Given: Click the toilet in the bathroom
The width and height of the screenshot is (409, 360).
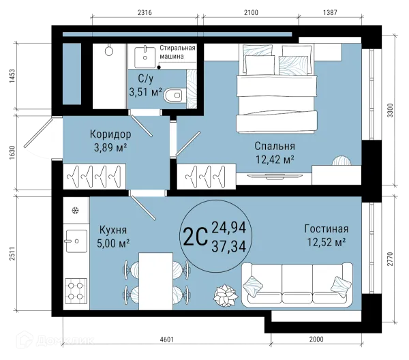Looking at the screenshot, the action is tap(173, 95).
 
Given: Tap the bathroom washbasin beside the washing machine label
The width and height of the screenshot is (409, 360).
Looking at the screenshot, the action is tap(145, 57).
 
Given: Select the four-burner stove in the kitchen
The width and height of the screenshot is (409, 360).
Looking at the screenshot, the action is tap(76, 291).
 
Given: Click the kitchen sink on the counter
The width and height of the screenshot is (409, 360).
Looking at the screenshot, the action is tap(76, 241).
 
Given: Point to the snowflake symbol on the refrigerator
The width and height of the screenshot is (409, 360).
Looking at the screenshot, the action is tap(76, 210).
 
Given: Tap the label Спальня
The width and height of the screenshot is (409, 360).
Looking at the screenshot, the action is tap(275, 146).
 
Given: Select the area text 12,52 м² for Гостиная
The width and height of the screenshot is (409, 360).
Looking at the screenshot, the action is tap(326, 242).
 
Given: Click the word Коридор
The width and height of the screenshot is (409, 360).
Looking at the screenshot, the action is tap(110, 134).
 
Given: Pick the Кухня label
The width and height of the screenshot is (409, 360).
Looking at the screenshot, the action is tap(113, 230).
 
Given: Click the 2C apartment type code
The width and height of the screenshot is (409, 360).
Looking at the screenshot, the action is tap(196, 237).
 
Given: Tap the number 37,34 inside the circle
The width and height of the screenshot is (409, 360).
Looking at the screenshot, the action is tap(229, 246).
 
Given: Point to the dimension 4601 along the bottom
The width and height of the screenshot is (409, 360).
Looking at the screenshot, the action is tap(167, 340).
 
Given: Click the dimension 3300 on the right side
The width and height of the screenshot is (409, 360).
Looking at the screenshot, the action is tap(390, 110).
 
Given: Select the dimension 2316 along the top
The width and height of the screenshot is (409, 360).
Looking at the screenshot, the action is tap(145, 12).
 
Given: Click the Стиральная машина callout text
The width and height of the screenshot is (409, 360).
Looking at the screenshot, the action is tap(177, 52).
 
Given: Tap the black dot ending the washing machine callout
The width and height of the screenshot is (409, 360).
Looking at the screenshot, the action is tap(159, 67).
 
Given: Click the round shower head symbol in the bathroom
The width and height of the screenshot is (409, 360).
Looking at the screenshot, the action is tap(109, 50).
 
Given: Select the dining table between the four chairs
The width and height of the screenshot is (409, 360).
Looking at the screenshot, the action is tap(155, 281).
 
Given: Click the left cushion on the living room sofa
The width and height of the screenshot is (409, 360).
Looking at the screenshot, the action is tap(253, 286).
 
